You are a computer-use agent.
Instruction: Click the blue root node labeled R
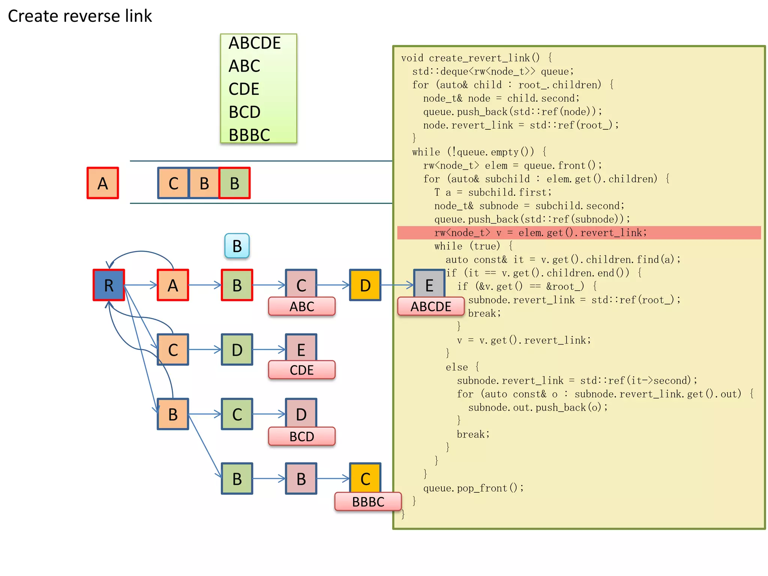(x=108, y=285)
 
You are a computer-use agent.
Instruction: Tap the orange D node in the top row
(x=365, y=285)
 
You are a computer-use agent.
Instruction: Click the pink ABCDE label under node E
(x=430, y=306)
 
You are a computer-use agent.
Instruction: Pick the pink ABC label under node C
(x=301, y=306)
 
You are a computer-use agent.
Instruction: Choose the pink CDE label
(x=301, y=370)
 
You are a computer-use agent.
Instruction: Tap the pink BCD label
(x=301, y=436)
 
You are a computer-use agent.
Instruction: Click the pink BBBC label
(x=368, y=502)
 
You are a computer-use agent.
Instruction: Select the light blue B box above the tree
(x=237, y=246)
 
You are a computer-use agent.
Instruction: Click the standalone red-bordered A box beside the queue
(x=103, y=183)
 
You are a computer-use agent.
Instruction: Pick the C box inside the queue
(x=173, y=183)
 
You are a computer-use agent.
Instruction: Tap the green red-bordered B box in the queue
(x=235, y=183)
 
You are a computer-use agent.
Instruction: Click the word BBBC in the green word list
(x=249, y=135)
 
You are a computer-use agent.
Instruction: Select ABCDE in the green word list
(x=255, y=43)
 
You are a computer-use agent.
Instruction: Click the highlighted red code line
(x=540, y=233)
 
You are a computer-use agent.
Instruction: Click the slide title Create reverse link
(x=80, y=16)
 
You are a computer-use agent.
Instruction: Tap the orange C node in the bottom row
(x=365, y=478)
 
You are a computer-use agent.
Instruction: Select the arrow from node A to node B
(x=205, y=285)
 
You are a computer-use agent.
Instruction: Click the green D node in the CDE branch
(x=237, y=349)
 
